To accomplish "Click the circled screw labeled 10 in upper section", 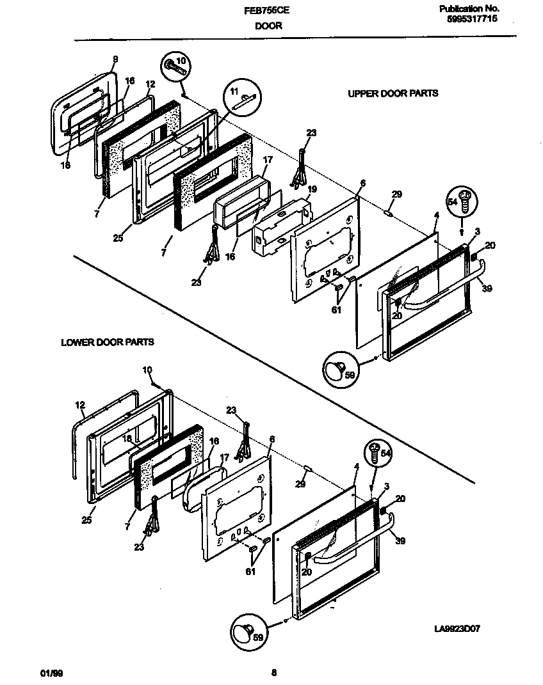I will (176, 66).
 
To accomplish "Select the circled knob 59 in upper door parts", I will (337, 369).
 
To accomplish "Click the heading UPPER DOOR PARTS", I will (393, 93).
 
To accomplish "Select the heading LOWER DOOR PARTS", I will (107, 342).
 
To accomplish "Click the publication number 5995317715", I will (471, 19).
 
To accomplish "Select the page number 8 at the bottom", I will (273, 672).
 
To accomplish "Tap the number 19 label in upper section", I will (312, 189).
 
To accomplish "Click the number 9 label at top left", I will (115, 59).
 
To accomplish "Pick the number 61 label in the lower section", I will (250, 571).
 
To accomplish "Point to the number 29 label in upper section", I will (396, 194).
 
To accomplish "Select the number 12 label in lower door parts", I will (79, 405).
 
